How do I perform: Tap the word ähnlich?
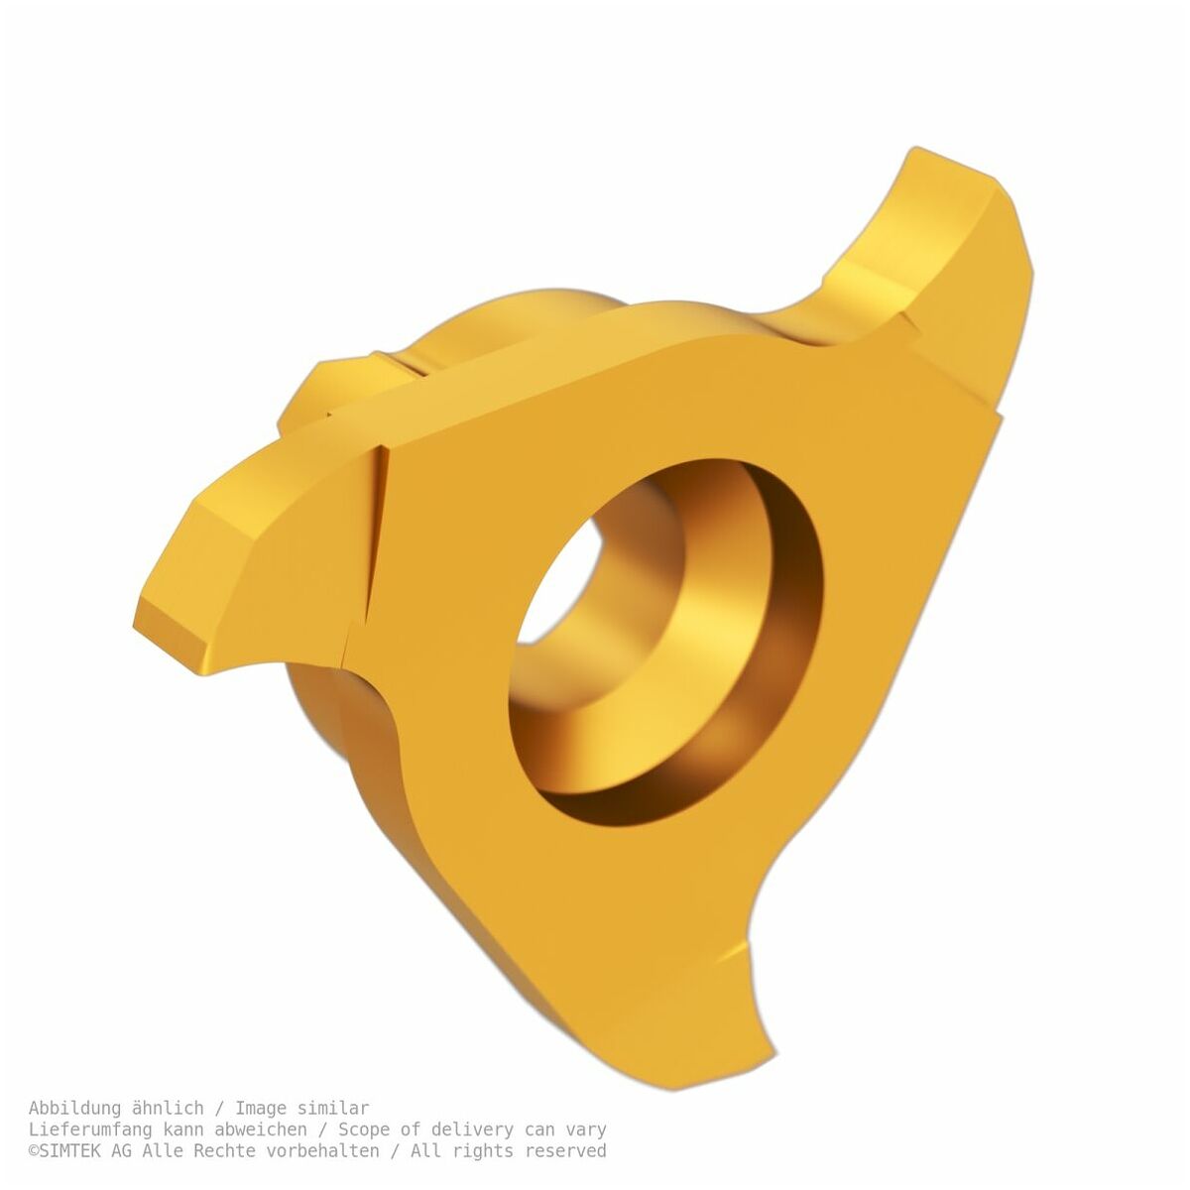(x=168, y=1108)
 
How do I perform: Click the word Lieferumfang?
(x=90, y=1130)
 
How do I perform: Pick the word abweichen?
(x=261, y=1130)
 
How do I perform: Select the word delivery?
(x=472, y=1130)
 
